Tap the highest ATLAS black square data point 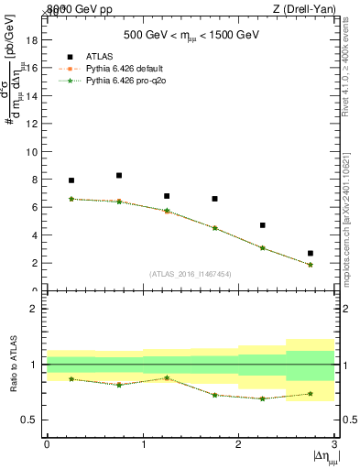tap(119, 175)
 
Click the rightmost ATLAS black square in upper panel tap(311, 253)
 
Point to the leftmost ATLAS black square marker tap(71, 180)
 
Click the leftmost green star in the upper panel tap(71, 199)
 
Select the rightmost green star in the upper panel tap(311, 265)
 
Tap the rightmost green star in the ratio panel tap(311, 394)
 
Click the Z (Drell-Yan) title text tap(304, 8)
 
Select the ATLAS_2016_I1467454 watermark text tap(191, 274)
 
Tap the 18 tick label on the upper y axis tap(36, 40)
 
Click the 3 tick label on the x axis tap(334, 444)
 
